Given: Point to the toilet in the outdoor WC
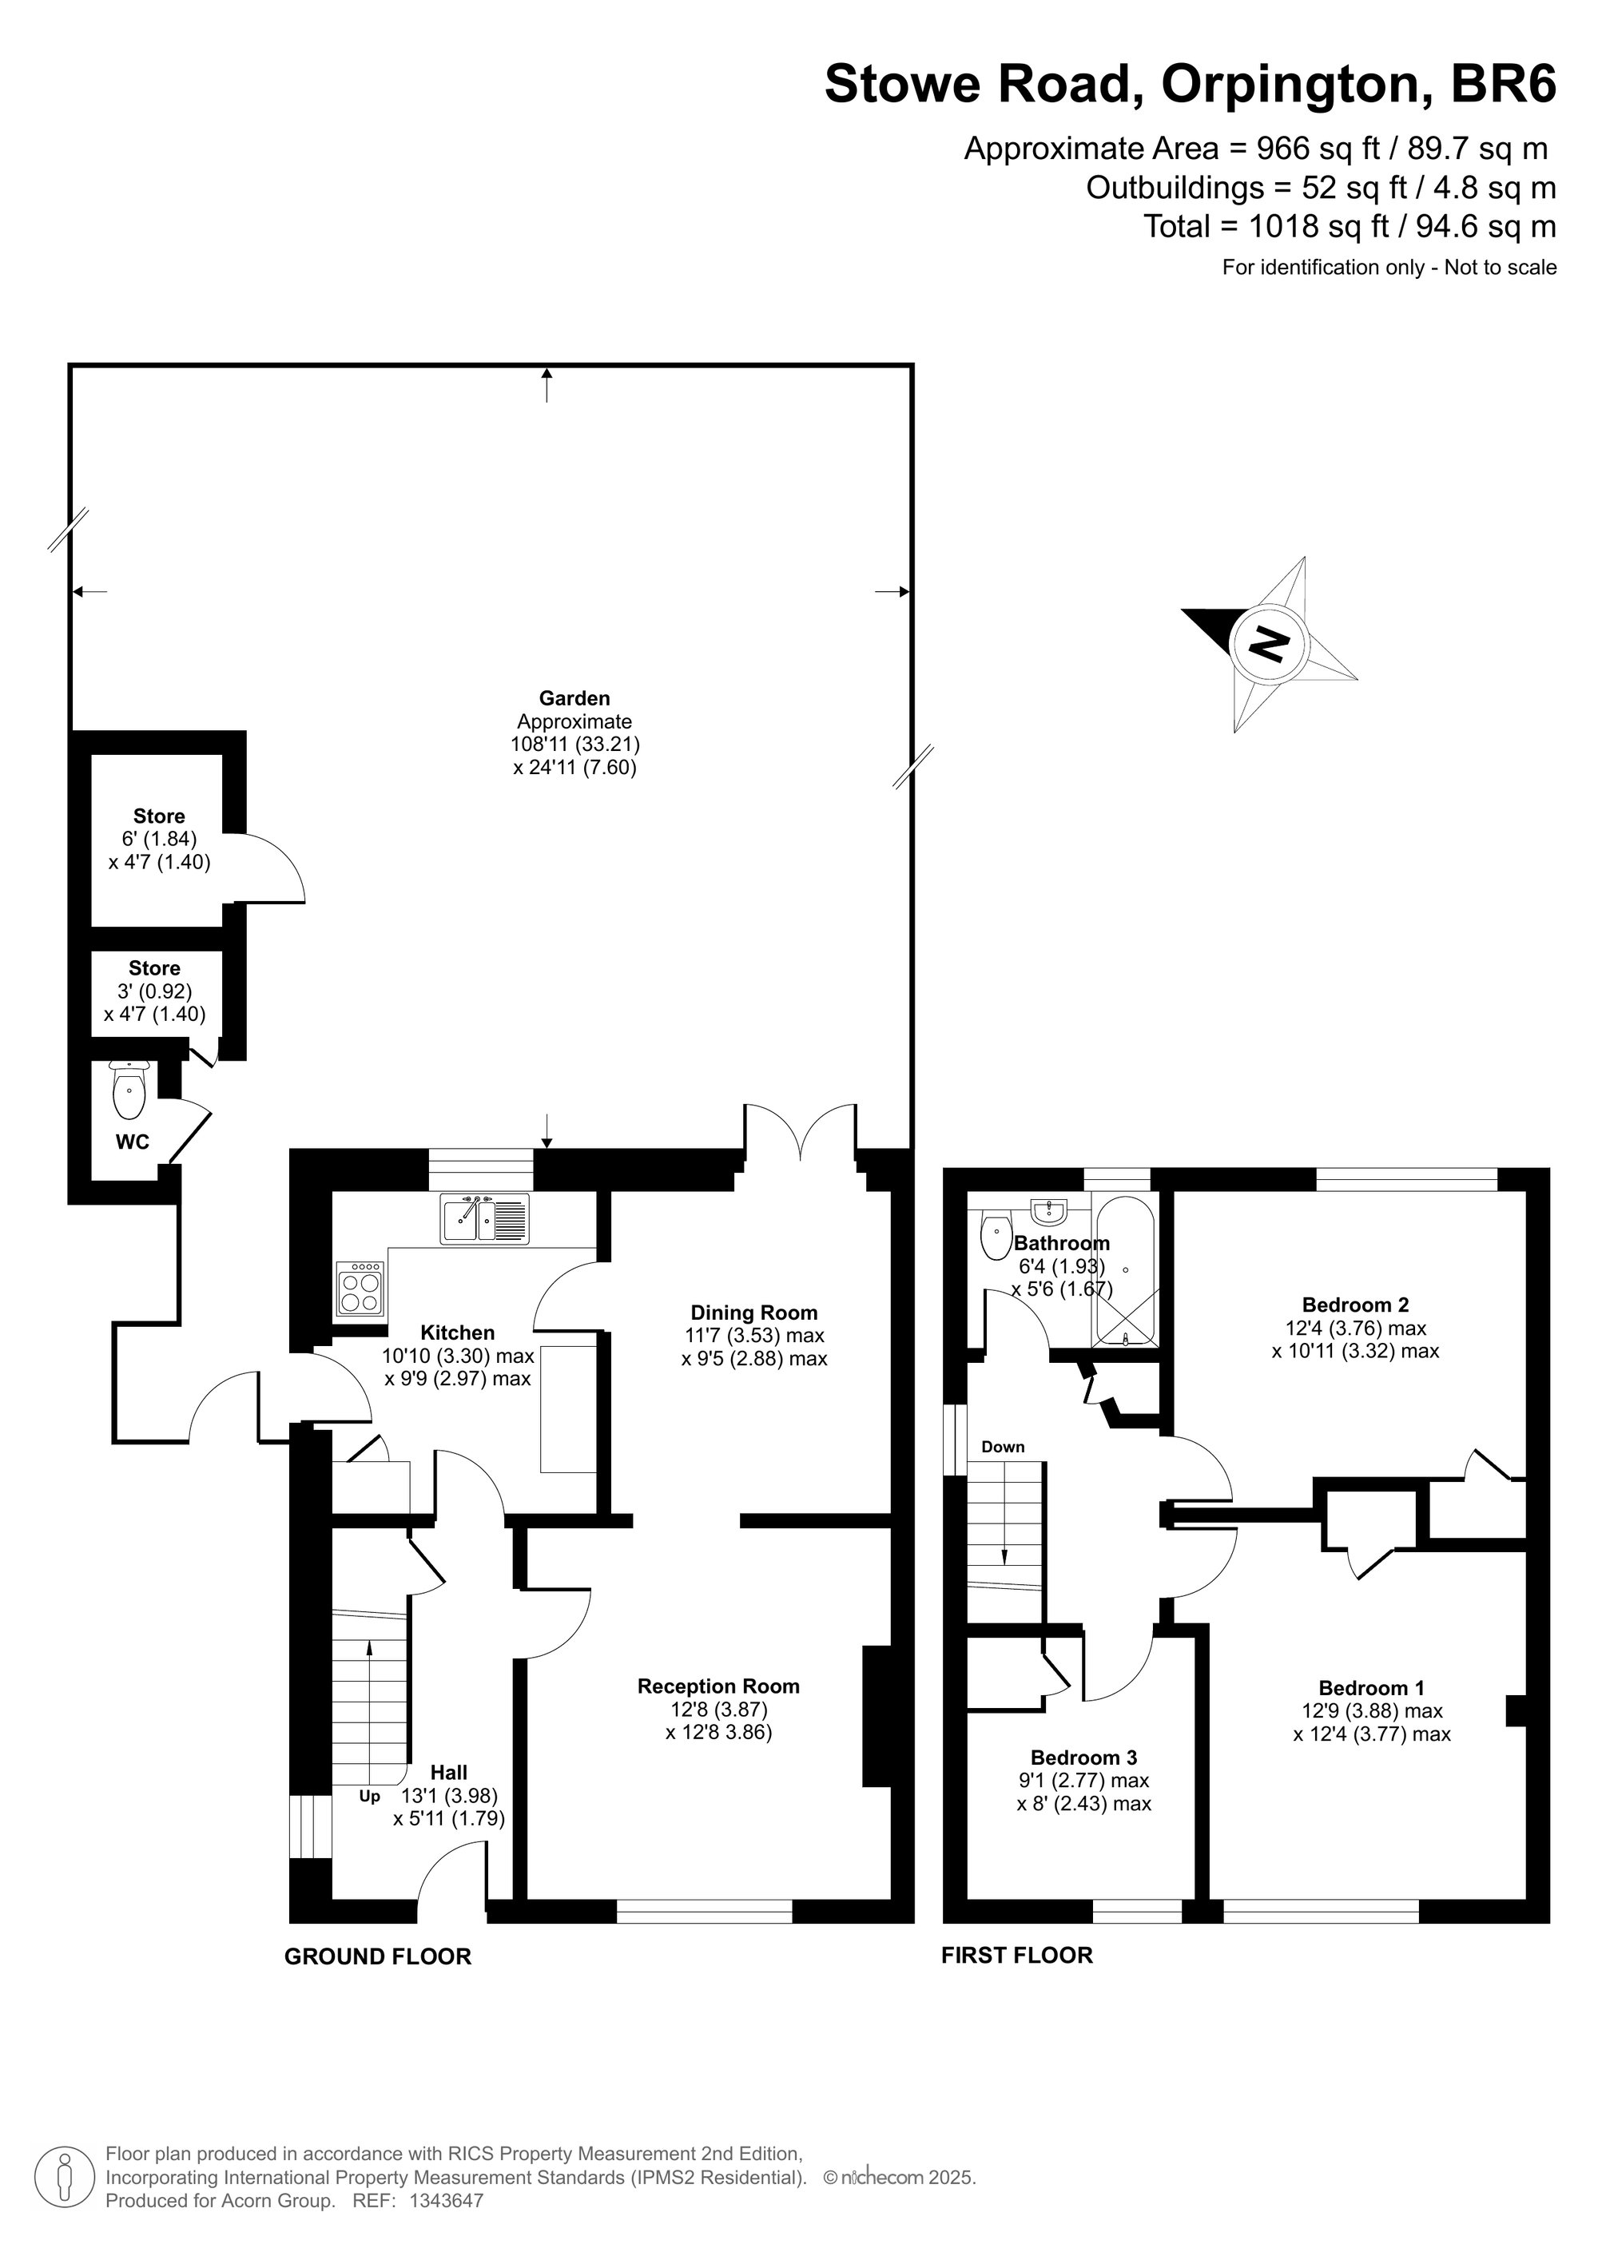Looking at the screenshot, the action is click(129, 1090).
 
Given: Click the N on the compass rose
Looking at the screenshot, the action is click(1268, 645).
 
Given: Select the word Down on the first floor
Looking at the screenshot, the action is click(1004, 1447).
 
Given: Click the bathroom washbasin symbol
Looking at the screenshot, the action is click(1050, 1209).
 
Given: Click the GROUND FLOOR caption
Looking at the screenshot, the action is click(378, 1957).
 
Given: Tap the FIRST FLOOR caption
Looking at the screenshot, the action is click(1017, 1956).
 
